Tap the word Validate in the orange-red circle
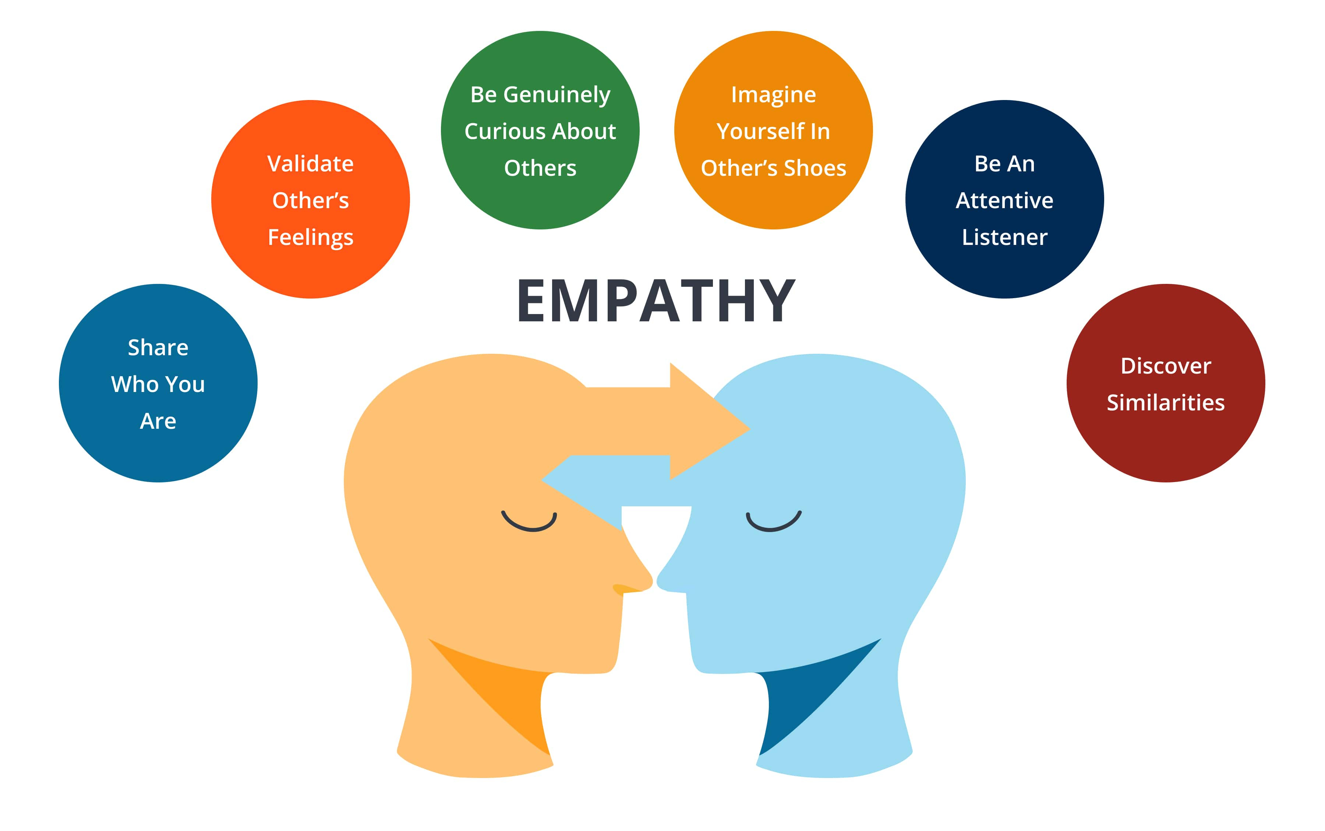[x=310, y=164]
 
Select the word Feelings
[x=310, y=238]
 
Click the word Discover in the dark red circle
[x=1166, y=366]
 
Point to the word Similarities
[x=1166, y=403]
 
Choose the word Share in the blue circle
[x=158, y=348]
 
